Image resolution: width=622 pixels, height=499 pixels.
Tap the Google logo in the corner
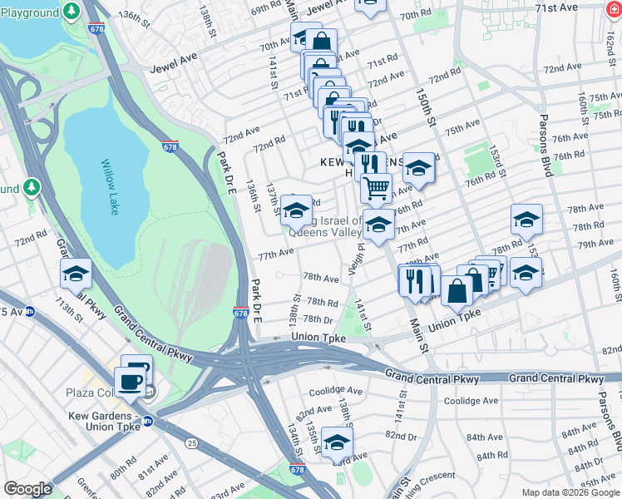27,489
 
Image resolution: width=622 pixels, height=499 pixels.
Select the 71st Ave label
579,7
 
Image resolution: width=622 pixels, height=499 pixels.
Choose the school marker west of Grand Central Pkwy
76,274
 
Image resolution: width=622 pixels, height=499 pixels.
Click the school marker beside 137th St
296,210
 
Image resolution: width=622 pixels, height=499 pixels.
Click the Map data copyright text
569,492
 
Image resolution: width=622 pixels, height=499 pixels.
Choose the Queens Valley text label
336,234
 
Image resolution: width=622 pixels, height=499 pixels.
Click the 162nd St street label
608,39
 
